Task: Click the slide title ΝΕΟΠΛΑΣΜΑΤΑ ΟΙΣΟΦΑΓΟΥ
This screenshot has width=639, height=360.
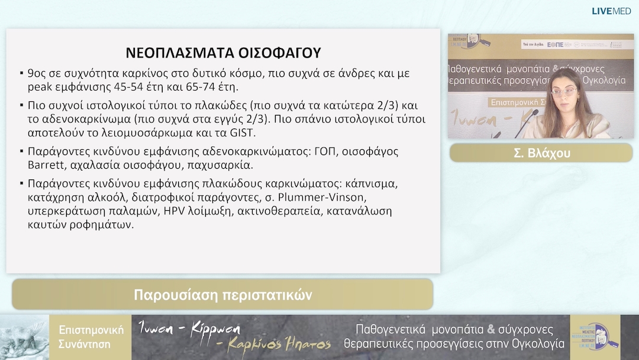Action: pos(223,53)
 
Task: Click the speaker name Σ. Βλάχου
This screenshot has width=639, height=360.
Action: pos(541,152)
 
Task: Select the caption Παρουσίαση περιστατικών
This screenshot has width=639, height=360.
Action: pos(222,294)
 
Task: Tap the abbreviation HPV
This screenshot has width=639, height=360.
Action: pos(175,211)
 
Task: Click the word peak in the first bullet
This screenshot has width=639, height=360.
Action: pos(40,88)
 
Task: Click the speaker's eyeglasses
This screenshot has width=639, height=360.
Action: pos(562,92)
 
